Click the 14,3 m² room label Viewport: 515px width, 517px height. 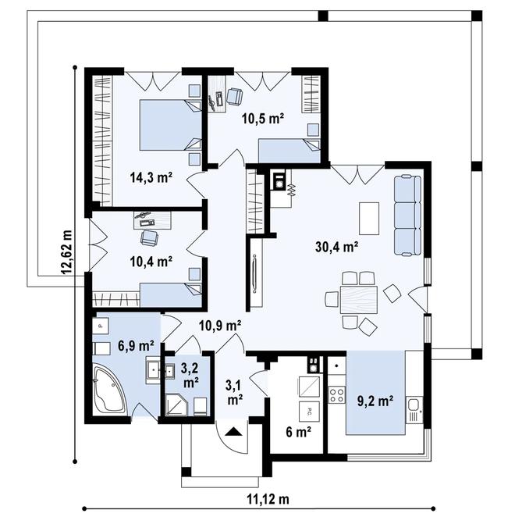(x=151, y=178)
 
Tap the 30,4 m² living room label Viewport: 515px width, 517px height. (x=337, y=246)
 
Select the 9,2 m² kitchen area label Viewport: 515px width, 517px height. (x=375, y=401)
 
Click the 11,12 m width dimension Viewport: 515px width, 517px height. (x=268, y=499)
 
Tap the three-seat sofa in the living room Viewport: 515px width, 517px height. (x=407, y=216)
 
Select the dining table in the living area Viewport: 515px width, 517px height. (x=359, y=299)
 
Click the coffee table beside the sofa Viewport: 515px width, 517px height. (x=369, y=218)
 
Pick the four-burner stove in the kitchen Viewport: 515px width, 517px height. (x=337, y=395)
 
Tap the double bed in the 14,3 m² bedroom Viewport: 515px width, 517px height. (x=170, y=125)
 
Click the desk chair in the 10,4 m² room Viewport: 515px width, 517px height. (x=149, y=237)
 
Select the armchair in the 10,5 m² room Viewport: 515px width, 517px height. (x=234, y=97)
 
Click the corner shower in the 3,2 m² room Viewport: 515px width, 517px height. (x=176, y=404)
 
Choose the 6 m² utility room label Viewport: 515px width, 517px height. (x=299, y=432)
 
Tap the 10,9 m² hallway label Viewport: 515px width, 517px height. (x=220, y=326)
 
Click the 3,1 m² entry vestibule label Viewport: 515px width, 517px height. (x=235, y=392)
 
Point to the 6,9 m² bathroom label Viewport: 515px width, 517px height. (x=136, y=346)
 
